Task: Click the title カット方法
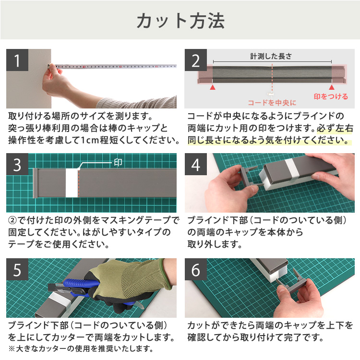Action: click(x=180, y=21)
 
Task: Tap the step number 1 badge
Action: click(x=18, y=61)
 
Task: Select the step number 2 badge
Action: click(x=196, y=61)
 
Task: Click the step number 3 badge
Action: click(x=18, y=165)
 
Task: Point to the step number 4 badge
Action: click(x=196, y=165)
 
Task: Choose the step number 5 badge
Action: click(x=18, y=270)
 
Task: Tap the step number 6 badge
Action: click(x=196, y=270)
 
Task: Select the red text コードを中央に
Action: click(x=272, y=102)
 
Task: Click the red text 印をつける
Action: click(x=331, y=96)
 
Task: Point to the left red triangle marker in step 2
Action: click(x=212, y=87)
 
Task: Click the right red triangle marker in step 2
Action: click(x=331, y=87)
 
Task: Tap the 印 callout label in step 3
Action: click(x=118, y=162)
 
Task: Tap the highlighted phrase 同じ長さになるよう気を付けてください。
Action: click(x=268, y=141)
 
